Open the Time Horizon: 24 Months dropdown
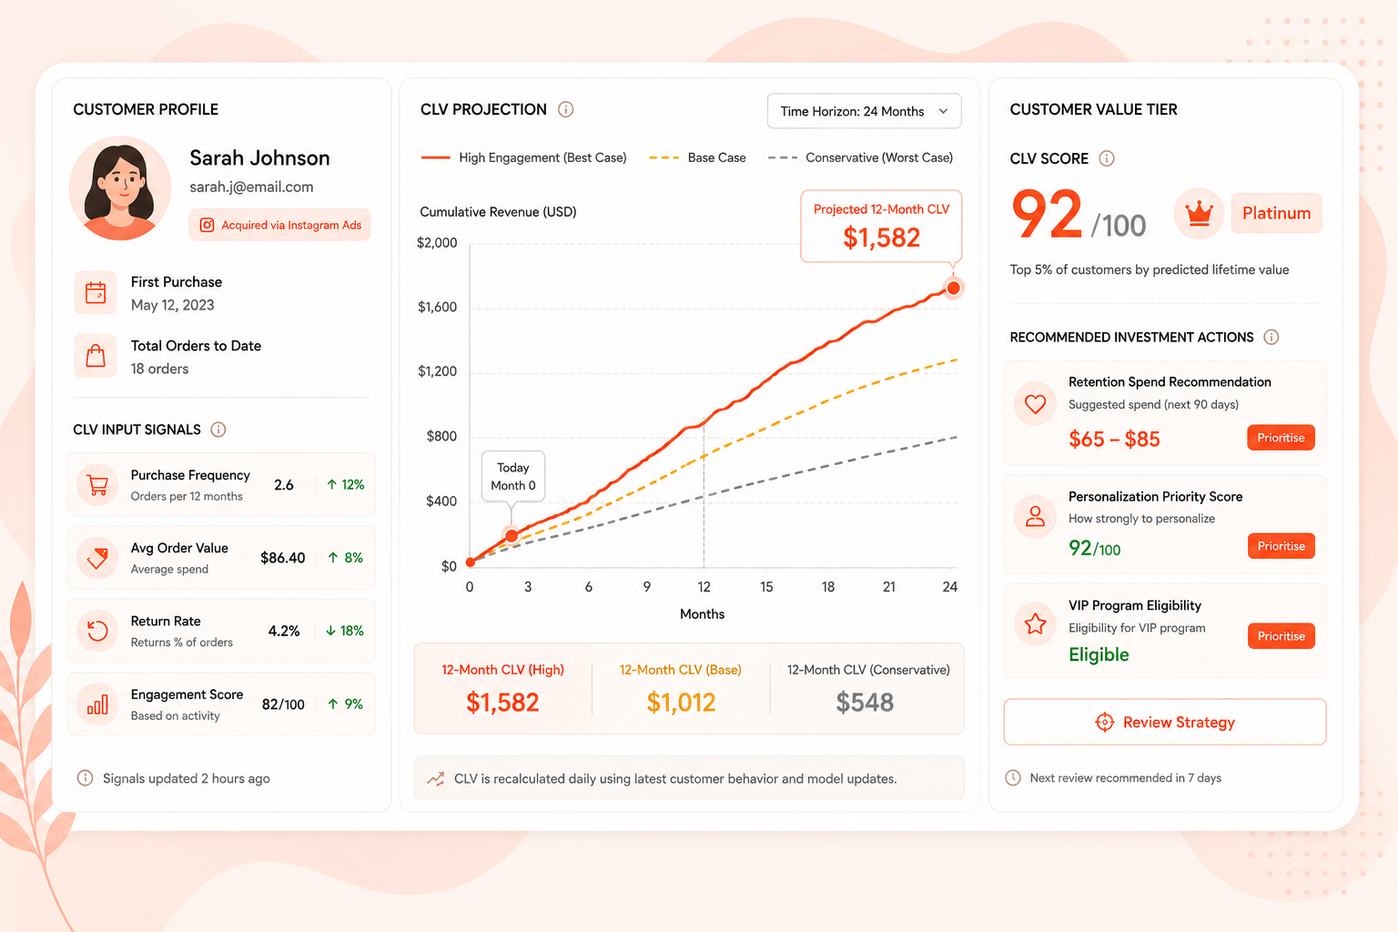coord(864,111)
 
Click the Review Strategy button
coord(1165,722)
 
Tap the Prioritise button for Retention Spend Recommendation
coord(1281,438)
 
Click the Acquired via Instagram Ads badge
coord(279,225)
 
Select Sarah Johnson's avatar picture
coord(120,188)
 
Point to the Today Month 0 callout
coord(513,476)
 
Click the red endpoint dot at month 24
coord(953,288)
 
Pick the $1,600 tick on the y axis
coord(437,307)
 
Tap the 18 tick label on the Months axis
coord(827,587)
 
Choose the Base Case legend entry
coord(698,158)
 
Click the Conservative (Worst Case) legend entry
coord(861,158)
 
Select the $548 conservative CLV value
coord(865,703)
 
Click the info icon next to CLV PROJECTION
coord(565,109)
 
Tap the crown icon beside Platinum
coord(1199,214)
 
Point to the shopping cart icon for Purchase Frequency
coord(97,484)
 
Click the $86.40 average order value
coord(283,557)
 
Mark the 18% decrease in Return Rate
coord(345,631)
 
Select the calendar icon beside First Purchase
coord(96,292)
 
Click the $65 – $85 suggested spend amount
coord(1114,439)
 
